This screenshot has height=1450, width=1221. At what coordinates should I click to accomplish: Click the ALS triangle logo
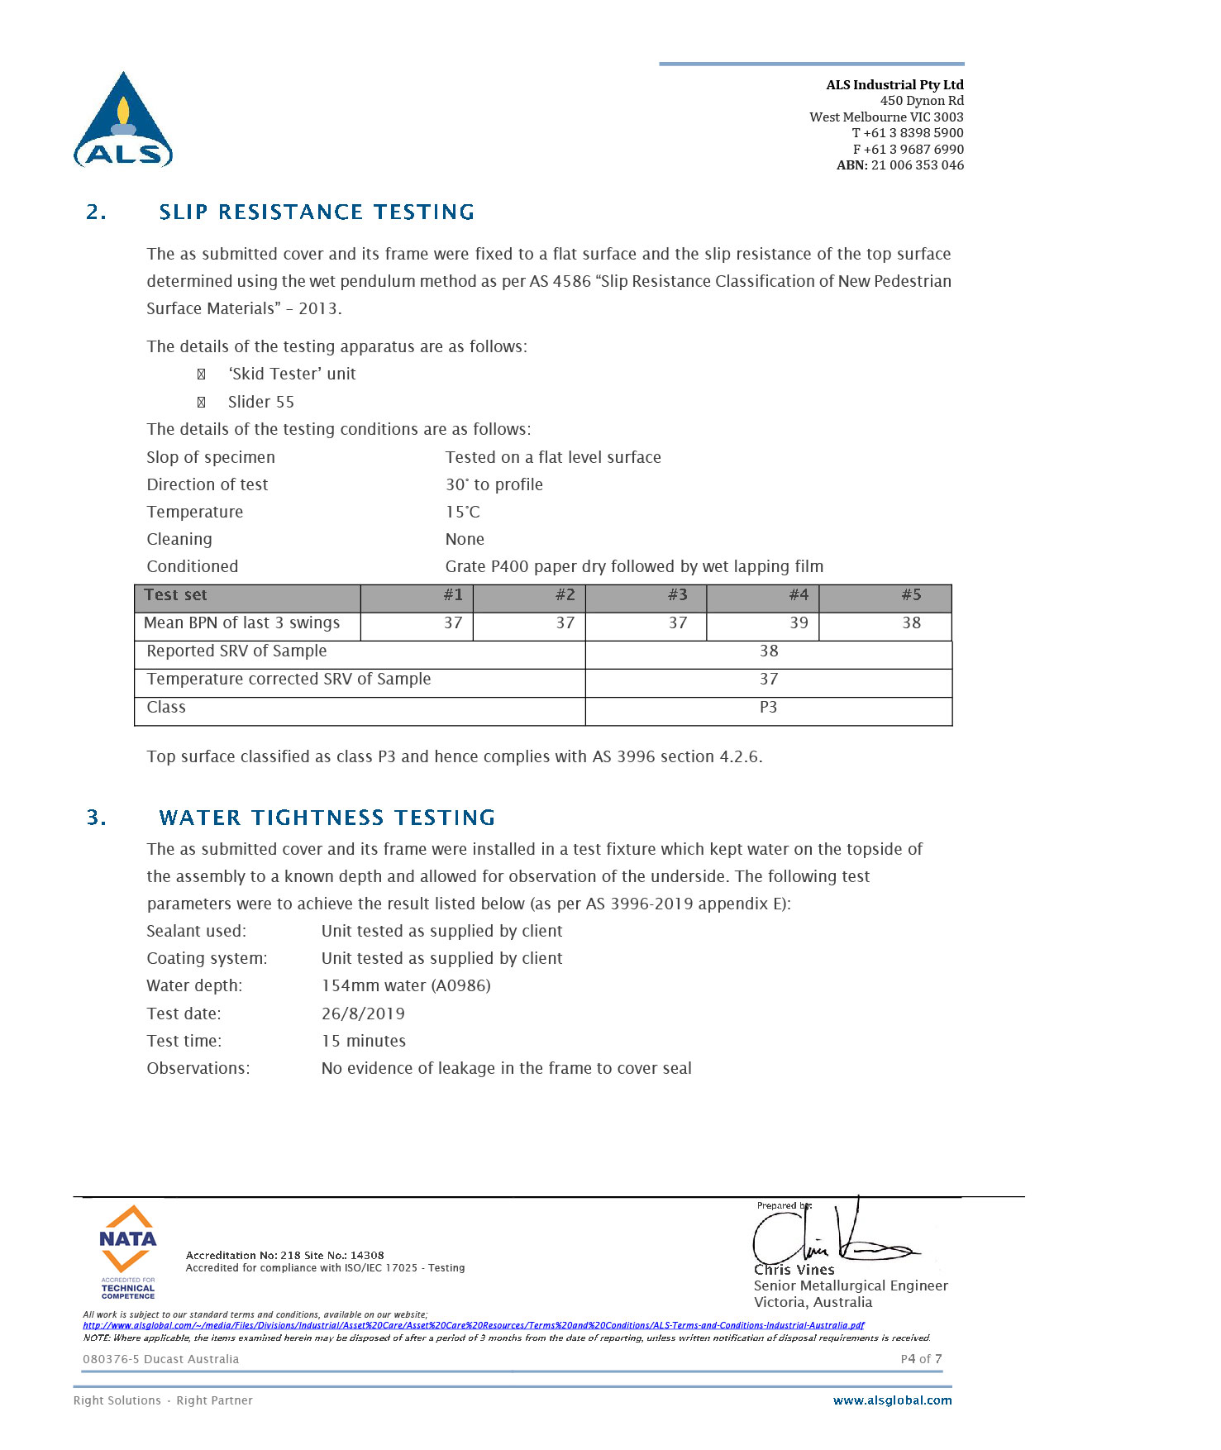123,121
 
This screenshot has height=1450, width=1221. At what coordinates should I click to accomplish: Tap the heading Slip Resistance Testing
317,212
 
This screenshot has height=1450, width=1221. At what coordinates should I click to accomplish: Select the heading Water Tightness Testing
327,818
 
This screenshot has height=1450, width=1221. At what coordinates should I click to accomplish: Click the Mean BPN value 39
798,623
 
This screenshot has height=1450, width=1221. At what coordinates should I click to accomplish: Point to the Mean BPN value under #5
911,623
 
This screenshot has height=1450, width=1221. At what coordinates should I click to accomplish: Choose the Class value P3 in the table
768,708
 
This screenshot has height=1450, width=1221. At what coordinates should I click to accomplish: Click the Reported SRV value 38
769,651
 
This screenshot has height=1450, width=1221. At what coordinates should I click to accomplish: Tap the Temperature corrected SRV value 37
769,680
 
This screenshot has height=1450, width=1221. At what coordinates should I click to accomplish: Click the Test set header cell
175,595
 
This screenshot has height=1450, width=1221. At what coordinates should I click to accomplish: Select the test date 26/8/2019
363,1014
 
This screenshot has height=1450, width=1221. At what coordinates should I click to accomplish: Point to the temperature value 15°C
463,513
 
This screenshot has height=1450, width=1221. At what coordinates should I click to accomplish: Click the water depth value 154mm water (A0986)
406,985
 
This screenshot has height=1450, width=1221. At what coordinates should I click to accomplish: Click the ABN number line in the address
899,165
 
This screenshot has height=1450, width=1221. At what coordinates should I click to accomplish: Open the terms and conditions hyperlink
473,1325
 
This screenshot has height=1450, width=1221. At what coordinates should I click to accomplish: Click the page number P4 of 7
921,1359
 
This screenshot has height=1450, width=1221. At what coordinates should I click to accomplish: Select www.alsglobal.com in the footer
892,1400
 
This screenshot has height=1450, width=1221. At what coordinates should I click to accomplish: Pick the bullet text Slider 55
260,403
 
